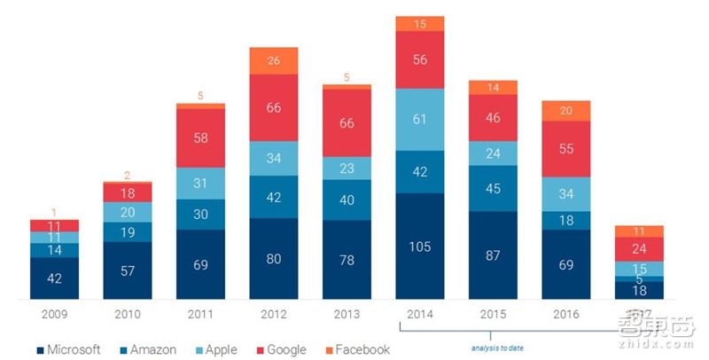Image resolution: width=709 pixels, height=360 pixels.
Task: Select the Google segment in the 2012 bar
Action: [274, 107]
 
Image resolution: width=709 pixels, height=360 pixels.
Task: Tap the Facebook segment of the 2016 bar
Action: [566, 110]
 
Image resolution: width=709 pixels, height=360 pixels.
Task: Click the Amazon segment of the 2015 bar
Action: [494, 188]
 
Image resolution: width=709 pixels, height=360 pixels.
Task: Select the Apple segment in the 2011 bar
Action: [201, 184]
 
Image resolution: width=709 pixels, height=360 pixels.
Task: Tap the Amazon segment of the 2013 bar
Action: [347, 200]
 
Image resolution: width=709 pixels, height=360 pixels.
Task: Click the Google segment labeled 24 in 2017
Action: [640, 249]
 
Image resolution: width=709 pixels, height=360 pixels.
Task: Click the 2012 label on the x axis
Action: [274, 315]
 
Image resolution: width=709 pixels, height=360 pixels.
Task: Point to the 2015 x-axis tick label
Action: [494, 315]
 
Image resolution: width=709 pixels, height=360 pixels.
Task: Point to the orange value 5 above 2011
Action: [201, 96]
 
